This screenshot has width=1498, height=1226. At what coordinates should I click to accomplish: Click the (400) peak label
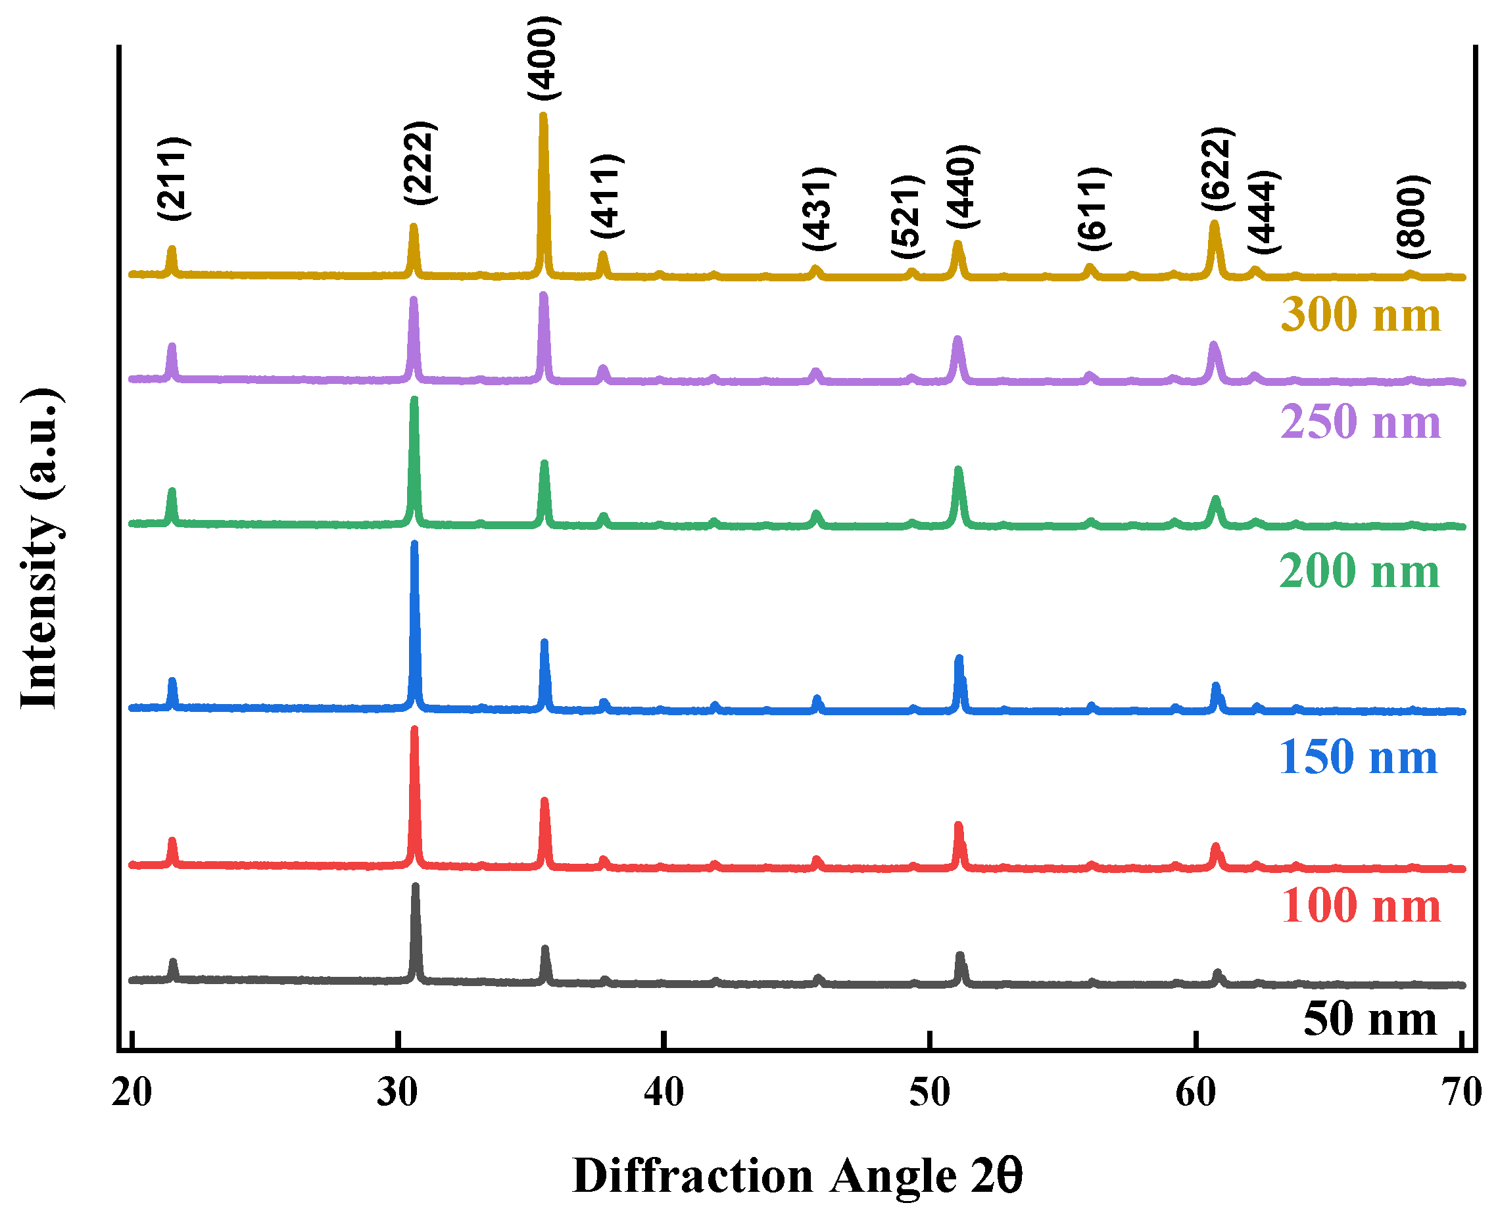543,58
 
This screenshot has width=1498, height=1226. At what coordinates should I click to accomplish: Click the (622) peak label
1217,168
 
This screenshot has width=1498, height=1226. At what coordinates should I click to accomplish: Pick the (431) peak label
819,208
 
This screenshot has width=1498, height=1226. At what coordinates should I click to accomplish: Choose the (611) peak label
1094,209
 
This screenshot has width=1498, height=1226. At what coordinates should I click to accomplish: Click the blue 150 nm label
1357,757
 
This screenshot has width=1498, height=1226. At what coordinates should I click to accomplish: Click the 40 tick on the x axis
664,1093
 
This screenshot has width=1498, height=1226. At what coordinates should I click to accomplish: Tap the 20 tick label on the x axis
132,1093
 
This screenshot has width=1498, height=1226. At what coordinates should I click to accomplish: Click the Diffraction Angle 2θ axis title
796,1176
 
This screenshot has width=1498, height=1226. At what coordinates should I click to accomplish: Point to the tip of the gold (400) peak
543,114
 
